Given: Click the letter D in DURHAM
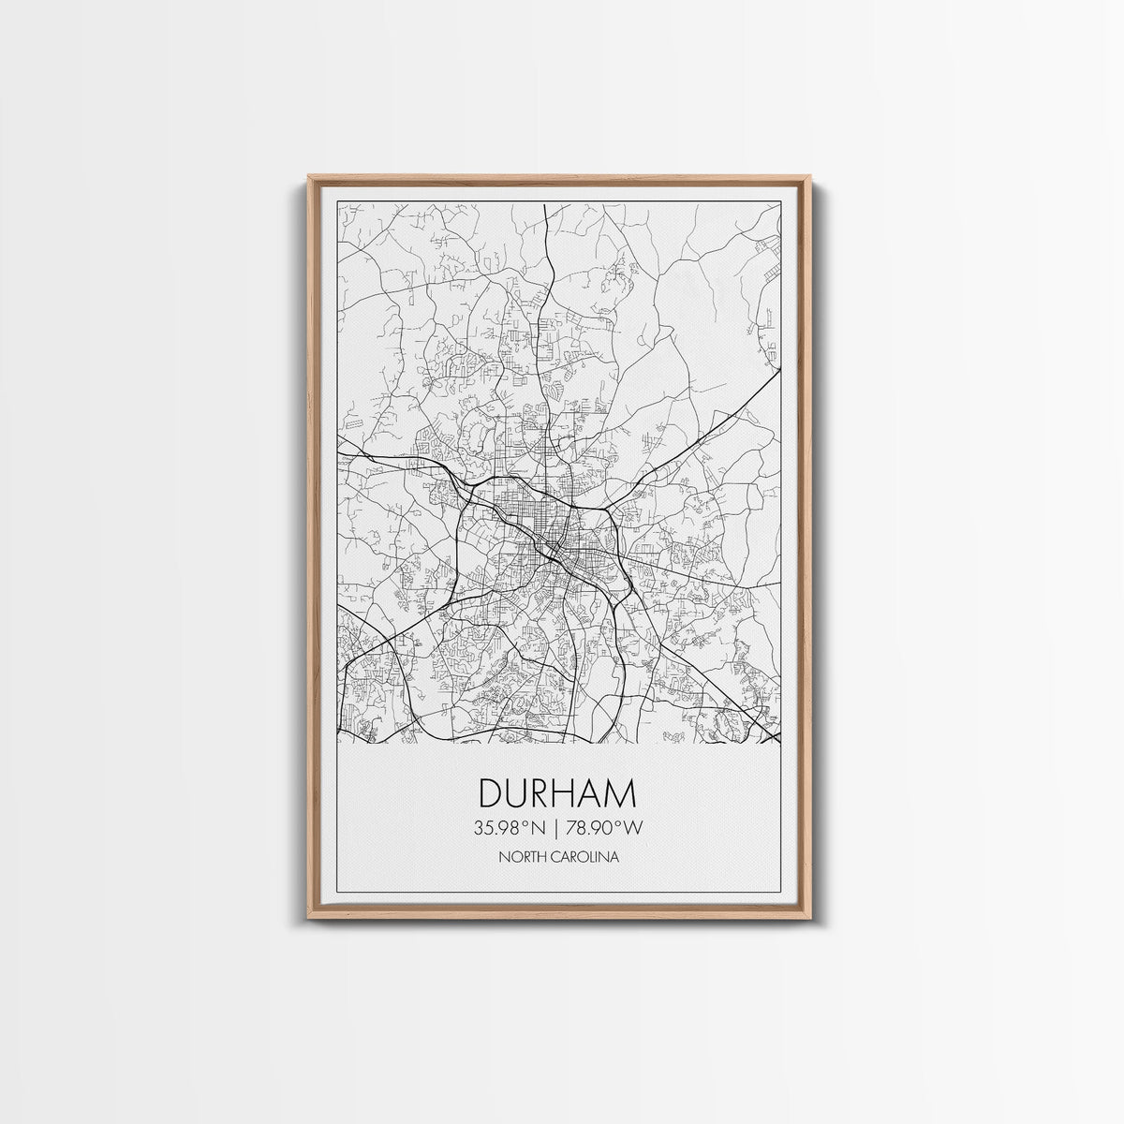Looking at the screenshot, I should click(x=491, y=793).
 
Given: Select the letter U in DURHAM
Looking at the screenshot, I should click(x=516, y=793).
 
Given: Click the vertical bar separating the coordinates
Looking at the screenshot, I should click(x=557, y=827).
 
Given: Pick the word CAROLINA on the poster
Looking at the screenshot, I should click(x=585, y=856).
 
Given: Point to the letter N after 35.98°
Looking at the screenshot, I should click(x=540, y=827).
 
